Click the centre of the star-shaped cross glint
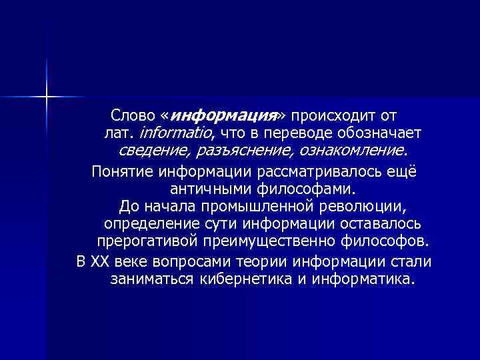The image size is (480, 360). coord(47,97)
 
